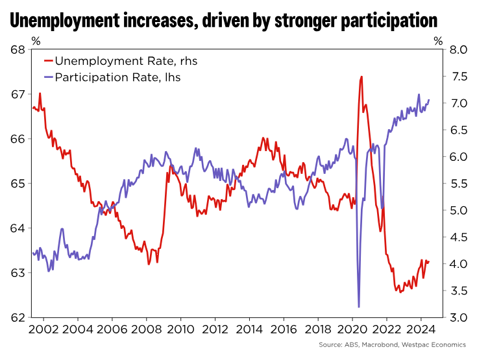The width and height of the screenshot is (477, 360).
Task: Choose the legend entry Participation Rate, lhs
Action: pos(117,77)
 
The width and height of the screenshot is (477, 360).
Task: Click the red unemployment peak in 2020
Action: pos(361,77)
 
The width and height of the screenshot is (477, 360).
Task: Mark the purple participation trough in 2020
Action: pos(359,306)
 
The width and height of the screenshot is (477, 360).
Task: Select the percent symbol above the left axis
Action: pos(36,40)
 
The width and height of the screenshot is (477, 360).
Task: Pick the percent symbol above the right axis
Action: pos(439,40)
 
